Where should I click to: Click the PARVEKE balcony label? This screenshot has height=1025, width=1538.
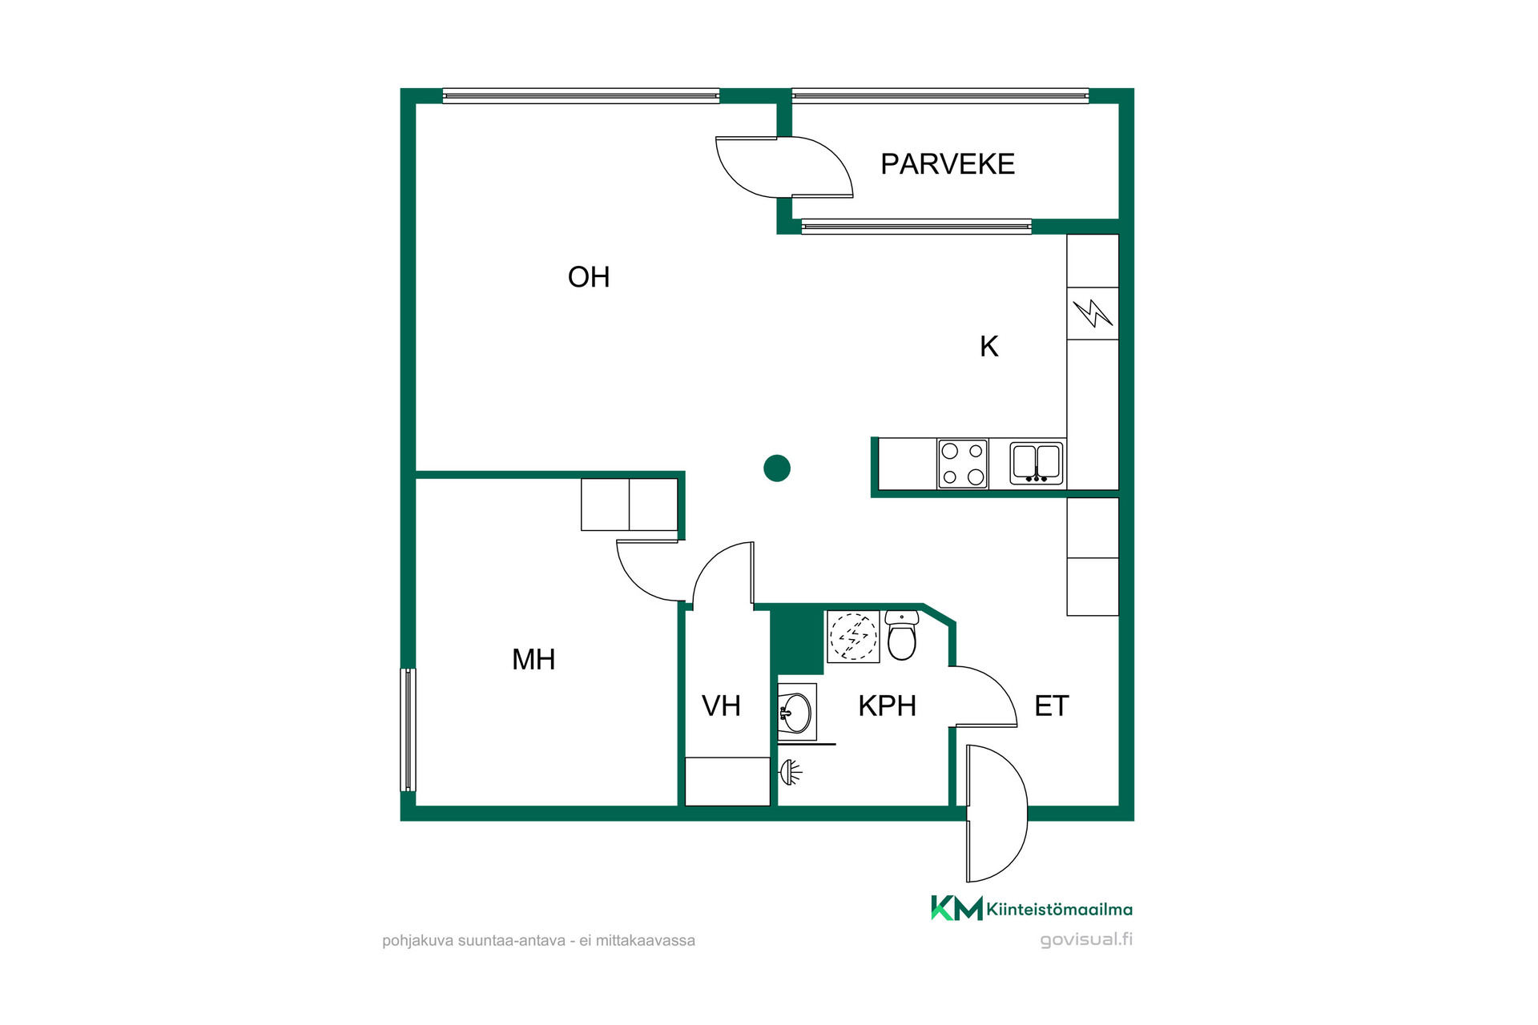948,164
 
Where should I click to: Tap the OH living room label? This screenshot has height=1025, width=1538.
589,277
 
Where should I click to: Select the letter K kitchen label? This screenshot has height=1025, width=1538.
989,347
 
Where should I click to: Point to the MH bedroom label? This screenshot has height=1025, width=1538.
533,660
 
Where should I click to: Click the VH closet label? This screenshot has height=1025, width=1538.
721,706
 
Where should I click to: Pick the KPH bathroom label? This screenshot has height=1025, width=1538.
887,706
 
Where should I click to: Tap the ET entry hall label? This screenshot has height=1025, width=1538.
1052,706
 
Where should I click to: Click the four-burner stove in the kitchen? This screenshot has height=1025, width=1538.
963,464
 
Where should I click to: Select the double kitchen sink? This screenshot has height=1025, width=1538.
1037,463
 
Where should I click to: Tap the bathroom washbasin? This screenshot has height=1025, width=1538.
796,712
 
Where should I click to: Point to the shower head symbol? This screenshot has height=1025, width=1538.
790,772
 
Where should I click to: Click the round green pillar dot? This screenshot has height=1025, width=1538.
777,468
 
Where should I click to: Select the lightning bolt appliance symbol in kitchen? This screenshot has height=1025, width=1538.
1093,313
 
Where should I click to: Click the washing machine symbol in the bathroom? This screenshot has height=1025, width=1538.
853,637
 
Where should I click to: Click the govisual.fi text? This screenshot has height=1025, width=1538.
1086,940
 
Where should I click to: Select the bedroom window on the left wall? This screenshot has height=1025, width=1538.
408,730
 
